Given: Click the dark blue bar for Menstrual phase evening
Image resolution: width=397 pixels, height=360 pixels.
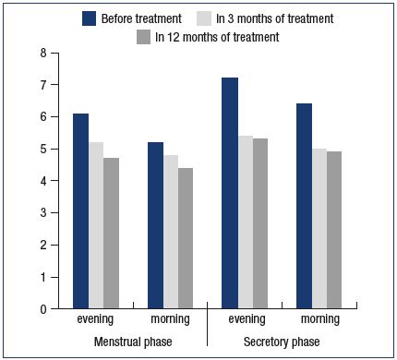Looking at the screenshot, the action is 80,211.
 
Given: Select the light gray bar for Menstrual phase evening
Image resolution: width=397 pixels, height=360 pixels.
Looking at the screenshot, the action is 96,225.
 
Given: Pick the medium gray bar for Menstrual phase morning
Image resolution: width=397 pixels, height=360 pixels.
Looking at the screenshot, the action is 186,238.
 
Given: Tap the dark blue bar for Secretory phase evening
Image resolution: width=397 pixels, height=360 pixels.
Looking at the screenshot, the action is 230,193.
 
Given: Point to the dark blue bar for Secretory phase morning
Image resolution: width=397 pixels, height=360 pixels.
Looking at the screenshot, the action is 304,206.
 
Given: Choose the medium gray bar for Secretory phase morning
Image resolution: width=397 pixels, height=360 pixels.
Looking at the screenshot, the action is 334,230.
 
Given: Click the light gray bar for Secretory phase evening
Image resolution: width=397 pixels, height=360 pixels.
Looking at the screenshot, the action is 246,222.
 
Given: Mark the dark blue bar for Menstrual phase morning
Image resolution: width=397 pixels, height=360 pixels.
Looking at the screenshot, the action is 155,225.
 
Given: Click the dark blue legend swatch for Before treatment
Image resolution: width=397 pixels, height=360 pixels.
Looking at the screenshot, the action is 90,18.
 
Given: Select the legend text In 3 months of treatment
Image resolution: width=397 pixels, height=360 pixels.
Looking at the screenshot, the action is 275,18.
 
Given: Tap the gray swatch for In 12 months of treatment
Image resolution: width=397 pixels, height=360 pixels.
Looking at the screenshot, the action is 143,37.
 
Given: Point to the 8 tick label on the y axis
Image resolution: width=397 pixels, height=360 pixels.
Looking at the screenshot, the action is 43,53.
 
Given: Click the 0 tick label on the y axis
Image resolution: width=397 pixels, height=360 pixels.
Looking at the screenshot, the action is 43,309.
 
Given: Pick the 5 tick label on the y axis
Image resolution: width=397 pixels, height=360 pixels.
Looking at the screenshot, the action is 43,150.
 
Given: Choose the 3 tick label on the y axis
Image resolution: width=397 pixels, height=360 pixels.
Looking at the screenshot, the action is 43,213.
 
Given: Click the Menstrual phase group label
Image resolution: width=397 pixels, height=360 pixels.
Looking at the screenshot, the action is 133,342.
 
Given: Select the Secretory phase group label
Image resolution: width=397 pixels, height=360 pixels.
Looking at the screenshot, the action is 282,342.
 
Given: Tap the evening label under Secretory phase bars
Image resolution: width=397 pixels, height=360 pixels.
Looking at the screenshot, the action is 247,319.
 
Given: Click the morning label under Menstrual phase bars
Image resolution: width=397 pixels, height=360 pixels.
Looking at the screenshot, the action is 170,319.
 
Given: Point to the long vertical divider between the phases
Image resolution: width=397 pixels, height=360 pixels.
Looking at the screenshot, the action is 208,324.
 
